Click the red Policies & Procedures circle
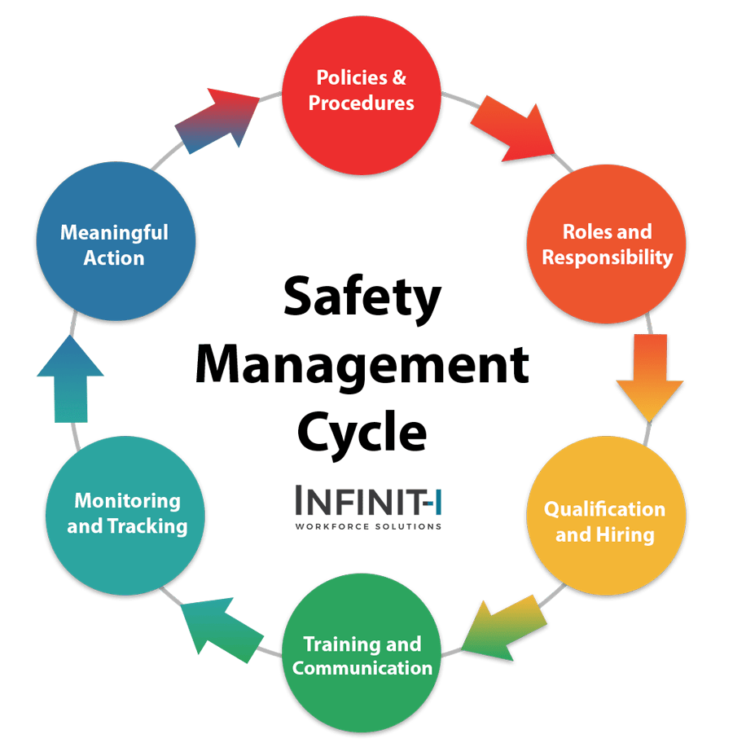362,91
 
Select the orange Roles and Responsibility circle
607,244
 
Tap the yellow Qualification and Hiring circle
604,521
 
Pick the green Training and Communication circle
362,657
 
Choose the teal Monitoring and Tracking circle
127,513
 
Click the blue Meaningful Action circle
114,244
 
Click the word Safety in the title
362,298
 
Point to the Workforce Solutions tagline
368,527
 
